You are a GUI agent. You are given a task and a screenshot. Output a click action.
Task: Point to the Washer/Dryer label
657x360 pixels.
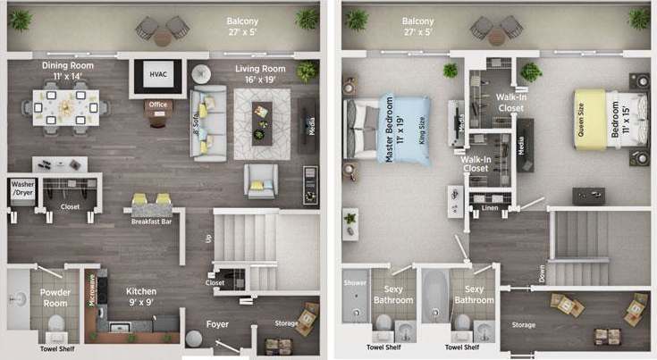[22, 190]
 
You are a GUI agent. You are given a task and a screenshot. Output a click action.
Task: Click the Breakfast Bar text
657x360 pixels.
[151, 223]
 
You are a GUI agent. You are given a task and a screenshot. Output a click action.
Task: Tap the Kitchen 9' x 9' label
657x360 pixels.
[141, 297]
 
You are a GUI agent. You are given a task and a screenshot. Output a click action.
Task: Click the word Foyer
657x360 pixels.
[216, 324]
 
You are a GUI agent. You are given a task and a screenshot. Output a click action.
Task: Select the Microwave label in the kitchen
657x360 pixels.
[93, 291]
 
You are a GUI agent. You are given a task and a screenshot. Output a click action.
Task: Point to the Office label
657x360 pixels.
[158, 105]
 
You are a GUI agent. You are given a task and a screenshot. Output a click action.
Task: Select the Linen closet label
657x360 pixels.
[488, 208]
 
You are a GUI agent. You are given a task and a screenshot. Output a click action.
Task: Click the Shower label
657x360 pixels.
[355, 282]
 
